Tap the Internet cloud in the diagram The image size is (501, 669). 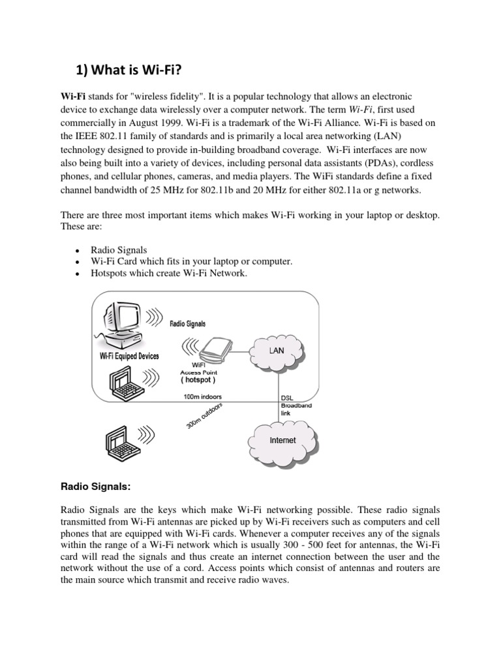(282, 440)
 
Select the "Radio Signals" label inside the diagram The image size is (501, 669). (187, 323)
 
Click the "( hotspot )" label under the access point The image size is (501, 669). (198, 380)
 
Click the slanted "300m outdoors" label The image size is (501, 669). (204, 416)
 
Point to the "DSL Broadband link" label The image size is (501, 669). (296, 405)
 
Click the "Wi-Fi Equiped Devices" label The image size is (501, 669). (129, 356)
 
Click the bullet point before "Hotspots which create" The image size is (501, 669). (78, 274)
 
